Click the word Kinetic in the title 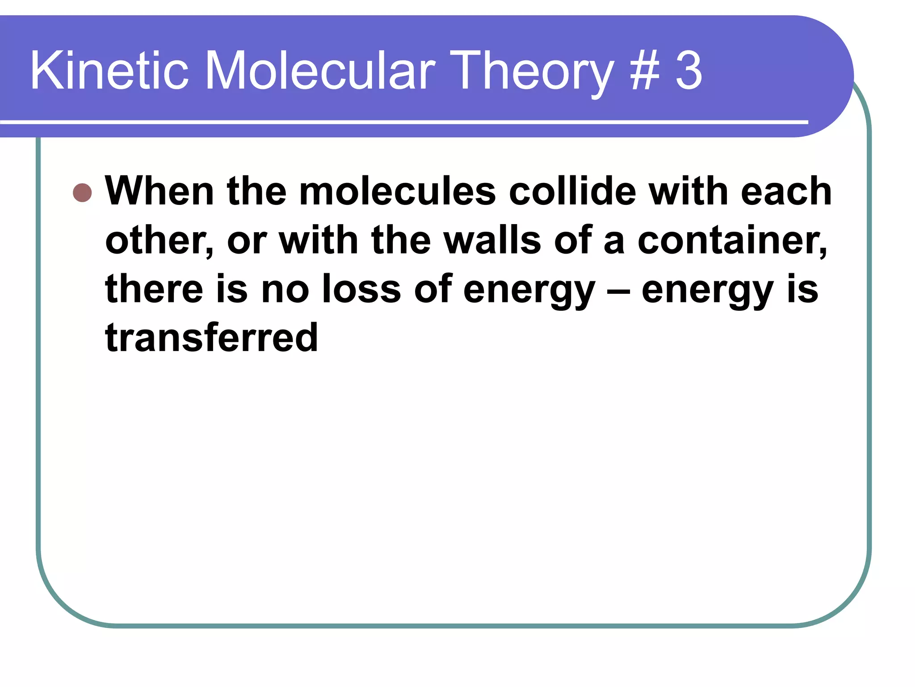(x=109, y=71)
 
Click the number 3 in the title (x=688, y=71)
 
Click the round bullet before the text (x=82, y=193)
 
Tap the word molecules (x=397, y=191)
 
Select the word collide (x=572, y=191)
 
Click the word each (x=786, y=191)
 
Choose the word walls (x=492, y=240)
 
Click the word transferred (x=211, y=338)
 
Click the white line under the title (x=402, y=122)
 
